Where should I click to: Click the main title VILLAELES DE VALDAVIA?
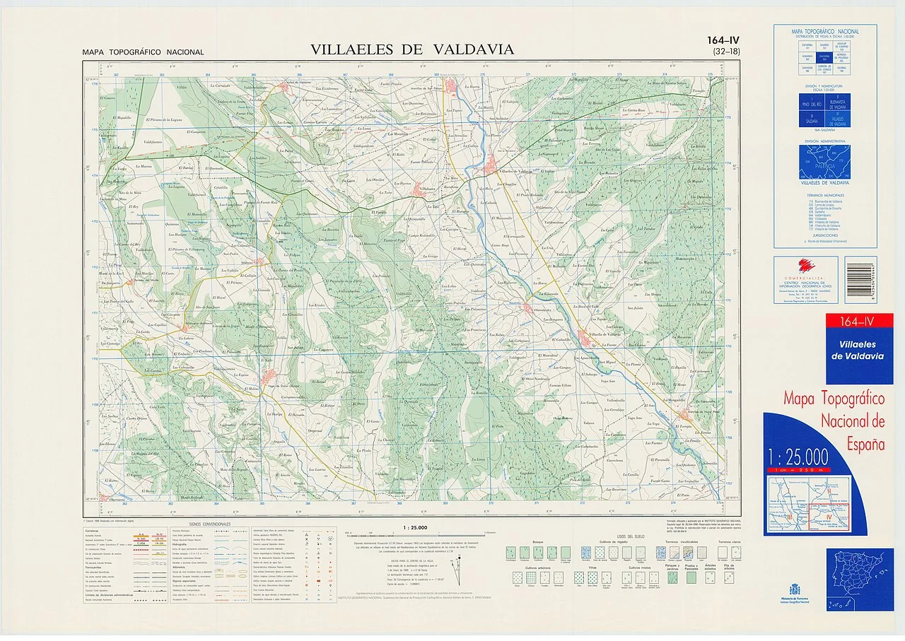[x=412, y=49]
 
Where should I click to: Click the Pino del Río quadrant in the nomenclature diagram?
[x=811, y=105]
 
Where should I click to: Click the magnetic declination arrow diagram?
[x=460, y=565]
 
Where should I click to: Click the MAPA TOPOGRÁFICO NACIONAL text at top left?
[x=143, y=52]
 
